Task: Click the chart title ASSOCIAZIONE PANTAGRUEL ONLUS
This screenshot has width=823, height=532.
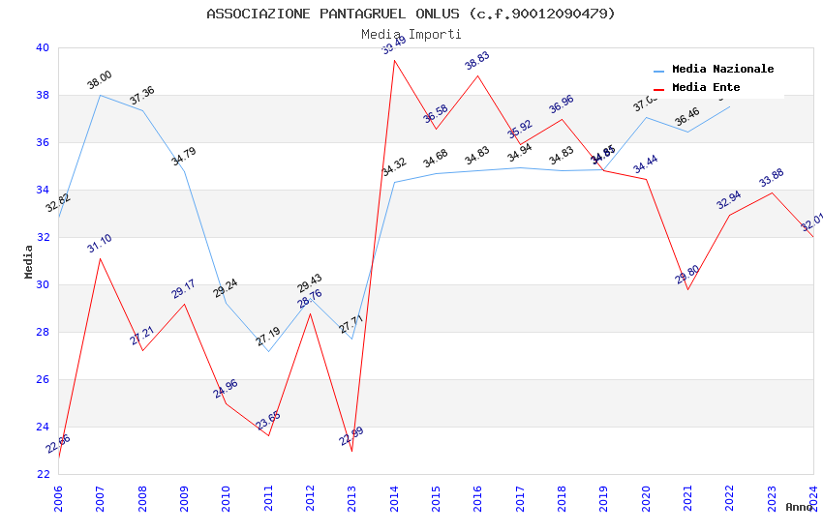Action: (411, 14)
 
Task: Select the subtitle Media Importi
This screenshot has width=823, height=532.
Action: (411, 34)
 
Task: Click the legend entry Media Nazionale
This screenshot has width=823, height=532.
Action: (722, 69)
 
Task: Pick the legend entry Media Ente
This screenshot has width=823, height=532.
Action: (705, 87)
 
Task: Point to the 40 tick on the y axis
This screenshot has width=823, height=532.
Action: (42, 47)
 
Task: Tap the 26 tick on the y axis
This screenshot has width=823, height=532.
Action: (42, 379)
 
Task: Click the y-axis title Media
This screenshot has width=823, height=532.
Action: (29, 261)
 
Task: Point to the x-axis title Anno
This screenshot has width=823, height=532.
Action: (799, 507)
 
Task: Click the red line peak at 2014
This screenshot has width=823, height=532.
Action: (394, 60)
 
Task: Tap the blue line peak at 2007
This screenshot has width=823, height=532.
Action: (100, 95)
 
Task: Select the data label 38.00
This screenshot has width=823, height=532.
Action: (100, 80)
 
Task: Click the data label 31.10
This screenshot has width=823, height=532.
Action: (100, 243)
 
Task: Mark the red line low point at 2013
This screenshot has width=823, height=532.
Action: (351, 451)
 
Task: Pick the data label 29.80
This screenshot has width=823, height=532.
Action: (687, 275)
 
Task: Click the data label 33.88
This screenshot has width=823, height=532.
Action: (772, 178)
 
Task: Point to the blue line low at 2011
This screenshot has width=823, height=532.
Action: (268, 351)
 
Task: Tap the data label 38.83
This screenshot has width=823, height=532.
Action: (477, 61)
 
